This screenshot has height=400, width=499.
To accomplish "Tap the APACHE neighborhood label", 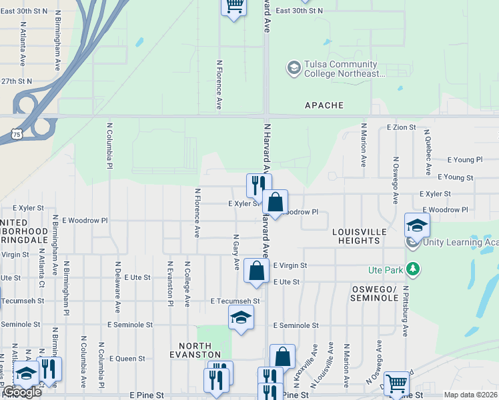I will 324,105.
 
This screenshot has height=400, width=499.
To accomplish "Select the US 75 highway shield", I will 16,134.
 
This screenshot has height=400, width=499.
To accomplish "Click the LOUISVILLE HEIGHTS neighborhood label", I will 360,235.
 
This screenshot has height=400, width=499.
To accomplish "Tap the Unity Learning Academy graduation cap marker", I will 417,225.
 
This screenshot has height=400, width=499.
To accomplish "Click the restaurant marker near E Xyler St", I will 258,185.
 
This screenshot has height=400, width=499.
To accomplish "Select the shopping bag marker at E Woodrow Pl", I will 275,201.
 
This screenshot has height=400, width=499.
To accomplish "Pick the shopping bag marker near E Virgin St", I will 256,271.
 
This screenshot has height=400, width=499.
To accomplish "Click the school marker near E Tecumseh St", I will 241,317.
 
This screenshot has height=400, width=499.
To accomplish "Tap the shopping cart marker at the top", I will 233,7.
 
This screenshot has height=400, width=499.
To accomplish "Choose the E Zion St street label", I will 402,127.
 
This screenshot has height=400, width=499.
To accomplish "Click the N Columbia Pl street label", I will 109,143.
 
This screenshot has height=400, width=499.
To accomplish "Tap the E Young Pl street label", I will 465,160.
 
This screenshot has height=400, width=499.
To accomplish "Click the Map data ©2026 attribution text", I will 470,395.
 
